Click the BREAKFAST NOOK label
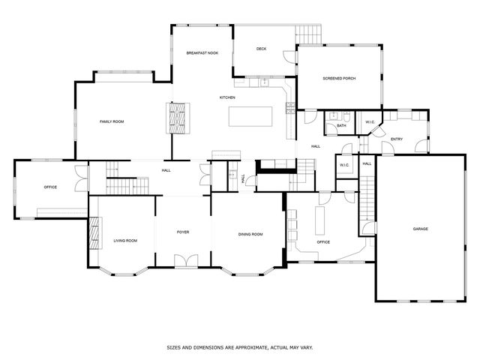(201, 53)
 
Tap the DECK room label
(261, 49)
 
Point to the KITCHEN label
(227, 98)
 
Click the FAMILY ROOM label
(112, 121)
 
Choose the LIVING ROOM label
(125, 241)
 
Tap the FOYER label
(183, 232)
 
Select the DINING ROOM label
(250, 235)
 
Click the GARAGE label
(420, 229)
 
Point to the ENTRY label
(397, 139)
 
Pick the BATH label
(341, 126)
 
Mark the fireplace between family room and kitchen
(176, 118)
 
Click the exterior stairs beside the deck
(308, 34)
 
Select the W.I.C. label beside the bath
(370, 122)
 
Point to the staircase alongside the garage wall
(367, 198)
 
